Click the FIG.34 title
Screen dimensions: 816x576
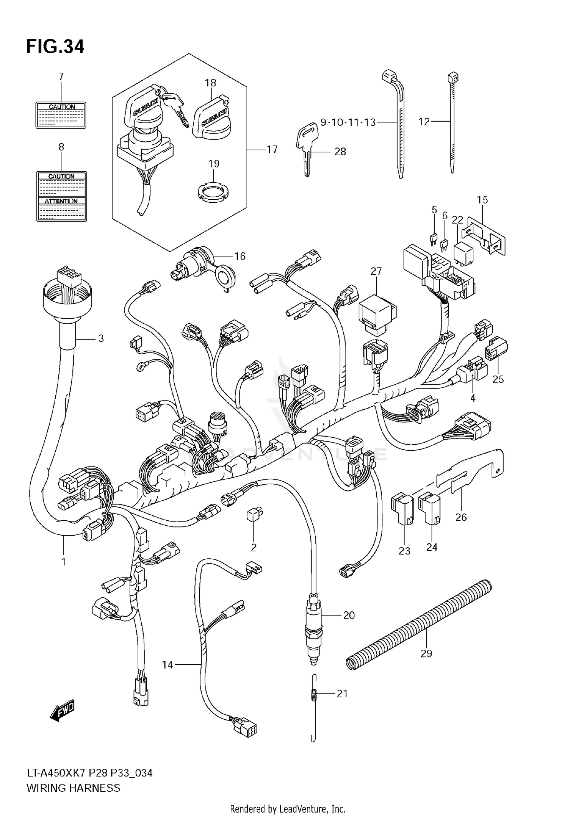(55, 47)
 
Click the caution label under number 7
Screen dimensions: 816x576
(61, 115)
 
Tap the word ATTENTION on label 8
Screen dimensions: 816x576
(61, 201)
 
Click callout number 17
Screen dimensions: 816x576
(272, 149)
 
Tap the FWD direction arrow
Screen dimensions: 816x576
(62, 711)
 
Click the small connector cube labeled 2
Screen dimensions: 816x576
(254, 515)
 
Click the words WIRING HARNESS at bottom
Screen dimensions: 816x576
(73, 788)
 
